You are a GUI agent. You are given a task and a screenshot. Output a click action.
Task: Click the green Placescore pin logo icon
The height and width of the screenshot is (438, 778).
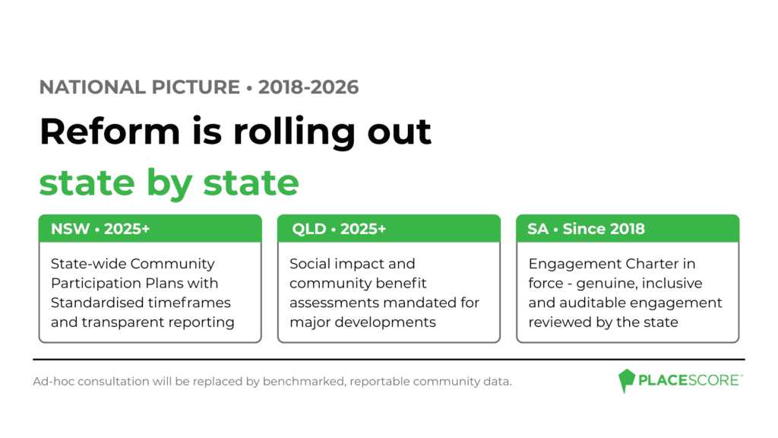(627, 381)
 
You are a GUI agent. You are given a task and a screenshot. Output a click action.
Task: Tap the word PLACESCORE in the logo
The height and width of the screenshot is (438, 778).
(689, 380)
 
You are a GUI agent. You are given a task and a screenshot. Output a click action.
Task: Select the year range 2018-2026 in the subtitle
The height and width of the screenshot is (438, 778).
(308, 87)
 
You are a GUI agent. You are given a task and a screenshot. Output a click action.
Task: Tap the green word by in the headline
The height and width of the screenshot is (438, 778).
(169, 184)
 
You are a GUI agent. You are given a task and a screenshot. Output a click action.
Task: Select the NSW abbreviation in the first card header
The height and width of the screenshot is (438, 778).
(70, 229)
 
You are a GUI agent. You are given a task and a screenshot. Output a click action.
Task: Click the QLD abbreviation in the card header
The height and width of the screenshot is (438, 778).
(308, 229)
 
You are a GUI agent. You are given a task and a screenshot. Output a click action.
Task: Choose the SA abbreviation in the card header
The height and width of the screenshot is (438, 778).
(538, 229)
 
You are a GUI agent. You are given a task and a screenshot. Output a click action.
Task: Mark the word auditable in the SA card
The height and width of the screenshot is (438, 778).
(595, 303)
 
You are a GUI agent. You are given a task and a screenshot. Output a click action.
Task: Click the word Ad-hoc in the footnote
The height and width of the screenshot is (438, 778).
(54, 382)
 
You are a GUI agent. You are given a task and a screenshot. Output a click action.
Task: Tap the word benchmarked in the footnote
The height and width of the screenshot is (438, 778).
(304, 382)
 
